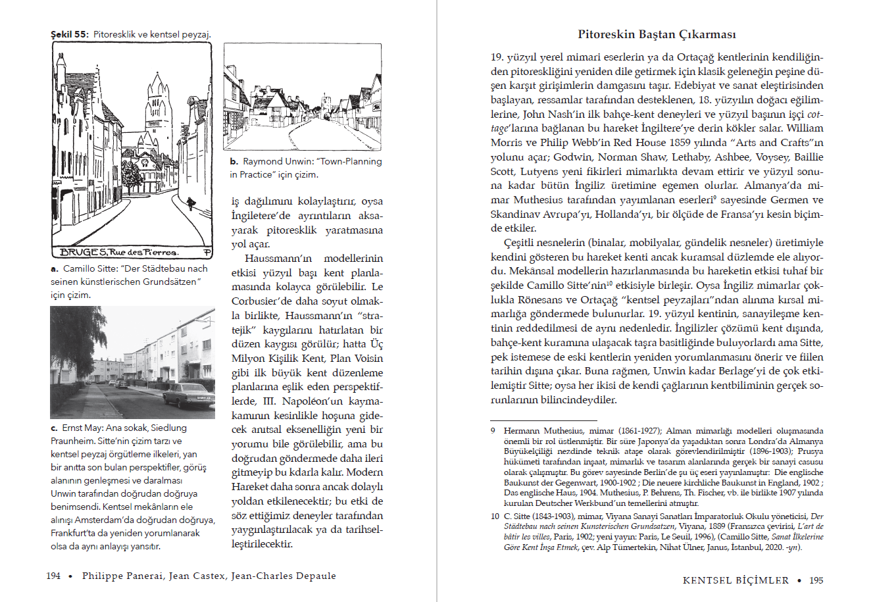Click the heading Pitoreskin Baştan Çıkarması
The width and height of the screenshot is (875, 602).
click(657, 34)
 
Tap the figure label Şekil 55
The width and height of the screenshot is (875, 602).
click(70, 34)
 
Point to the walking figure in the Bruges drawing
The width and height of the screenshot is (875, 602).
click(190, 203)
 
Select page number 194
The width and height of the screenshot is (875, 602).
click(53, 576)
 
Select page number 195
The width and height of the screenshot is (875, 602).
click(816, 580)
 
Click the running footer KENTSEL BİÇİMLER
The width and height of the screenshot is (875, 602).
click(736, 580)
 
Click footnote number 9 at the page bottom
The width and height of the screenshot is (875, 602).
click(493, 431)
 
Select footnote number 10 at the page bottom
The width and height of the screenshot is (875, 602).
click(494, 516)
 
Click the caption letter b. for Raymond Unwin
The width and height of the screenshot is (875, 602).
click(234, 162)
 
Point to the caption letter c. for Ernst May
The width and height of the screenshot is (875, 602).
click(54, 428)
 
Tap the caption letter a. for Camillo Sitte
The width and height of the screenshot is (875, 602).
click(55, 269)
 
